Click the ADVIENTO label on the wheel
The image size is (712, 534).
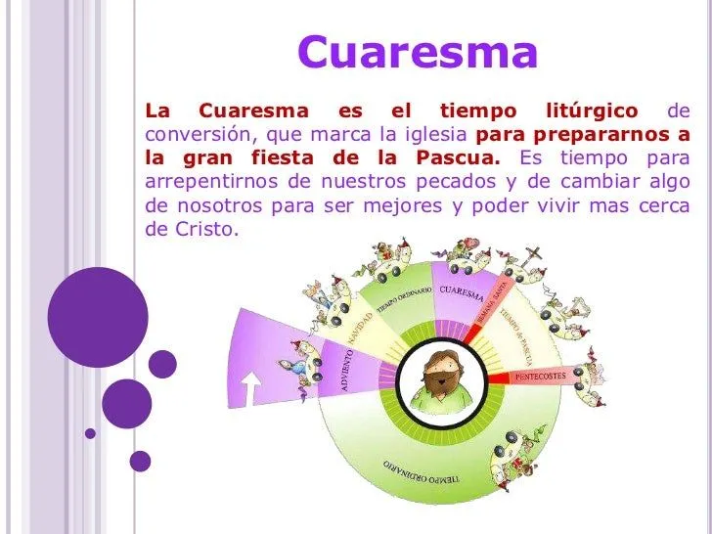pos(346,368)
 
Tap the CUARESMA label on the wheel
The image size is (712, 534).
pos(461,292)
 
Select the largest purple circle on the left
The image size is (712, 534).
pos(98,316)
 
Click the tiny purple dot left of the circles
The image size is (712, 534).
pos(90,431)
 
